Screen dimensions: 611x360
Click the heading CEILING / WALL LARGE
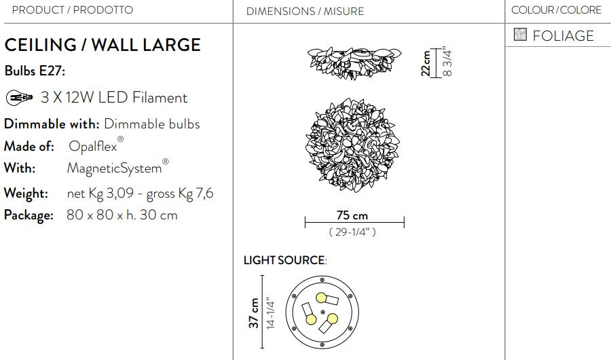[103, 45]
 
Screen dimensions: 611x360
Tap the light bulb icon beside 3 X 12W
[20, 97]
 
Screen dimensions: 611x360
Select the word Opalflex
[93, 146]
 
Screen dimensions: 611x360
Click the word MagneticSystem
[114, 168]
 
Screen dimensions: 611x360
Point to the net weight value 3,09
[120, 193]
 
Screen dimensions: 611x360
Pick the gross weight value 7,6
[204, 193]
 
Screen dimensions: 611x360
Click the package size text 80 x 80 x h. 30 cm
[122, 215]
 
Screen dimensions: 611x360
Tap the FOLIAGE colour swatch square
[520, 35]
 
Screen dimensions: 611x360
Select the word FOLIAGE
[563, 36]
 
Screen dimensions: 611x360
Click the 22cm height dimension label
[426, 62]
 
